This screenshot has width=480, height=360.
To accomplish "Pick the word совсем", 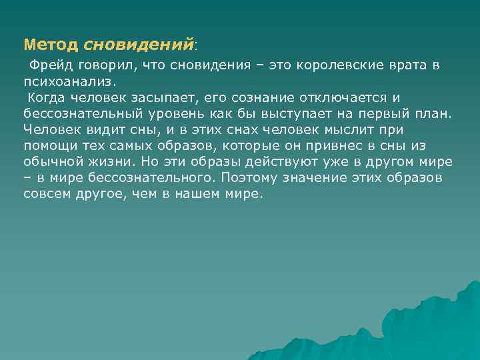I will [x=47, y=195].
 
